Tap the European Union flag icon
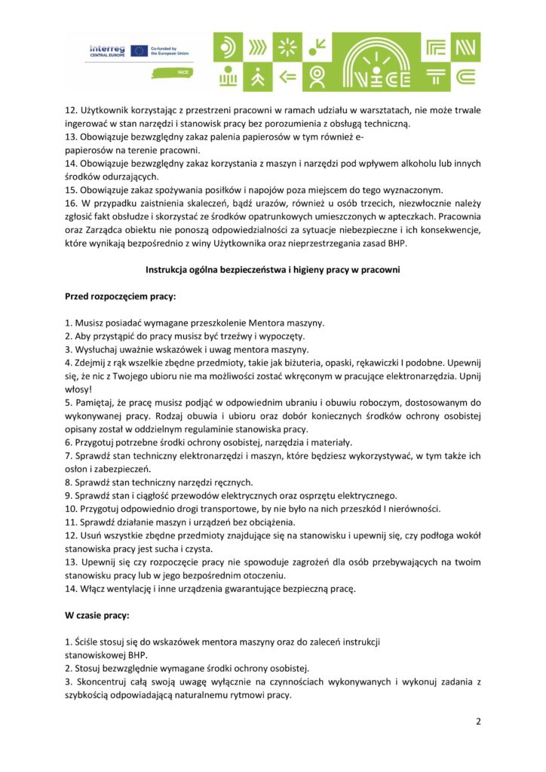click(x=139, y=51)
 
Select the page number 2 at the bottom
click(x=478, y=721)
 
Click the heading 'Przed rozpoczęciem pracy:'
click(x=120, y=296)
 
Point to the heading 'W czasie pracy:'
click(x=97, y=615)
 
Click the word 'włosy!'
click(x=78, y=389)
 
